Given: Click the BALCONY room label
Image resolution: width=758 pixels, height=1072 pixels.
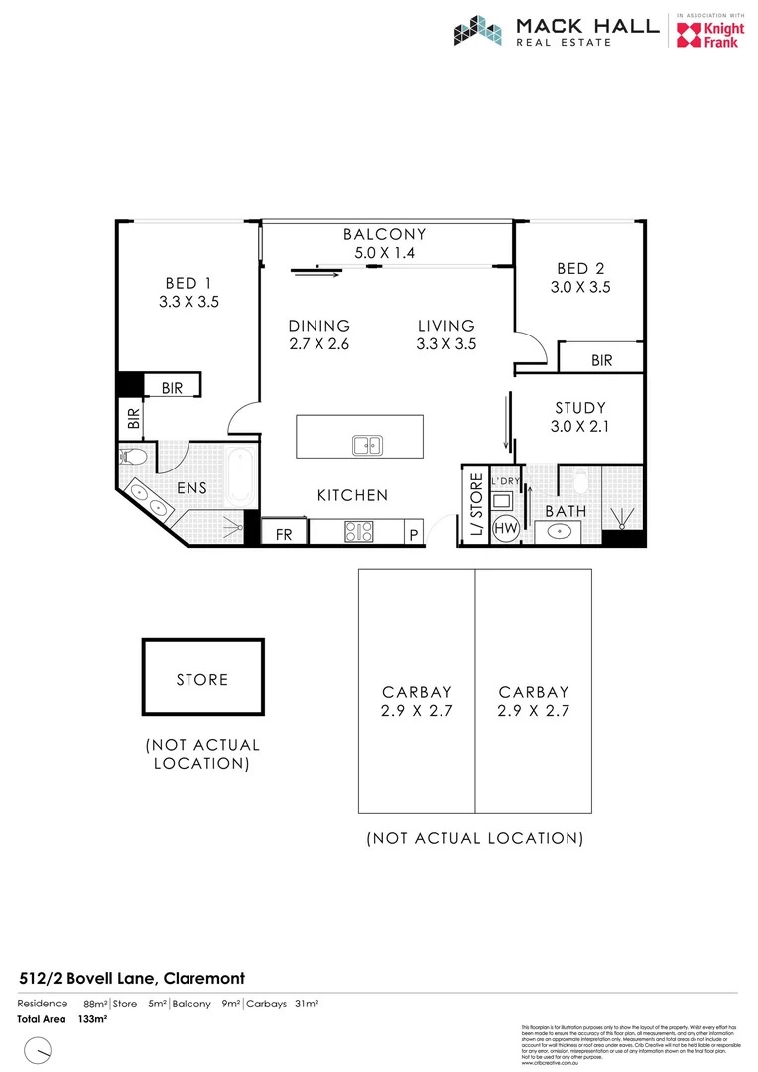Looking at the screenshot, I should point(384,235).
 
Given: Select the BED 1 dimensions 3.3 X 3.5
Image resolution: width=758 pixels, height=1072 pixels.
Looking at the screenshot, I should point(189,302).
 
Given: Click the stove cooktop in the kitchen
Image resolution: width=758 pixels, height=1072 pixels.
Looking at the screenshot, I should point(357,532).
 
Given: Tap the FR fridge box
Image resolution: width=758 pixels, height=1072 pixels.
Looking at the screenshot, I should point(284,534).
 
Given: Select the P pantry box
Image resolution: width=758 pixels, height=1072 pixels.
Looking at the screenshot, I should point(413,534).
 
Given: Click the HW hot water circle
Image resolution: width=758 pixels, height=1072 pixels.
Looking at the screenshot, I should point(505,527).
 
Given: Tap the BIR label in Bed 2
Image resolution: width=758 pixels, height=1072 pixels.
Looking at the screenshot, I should point(601,361).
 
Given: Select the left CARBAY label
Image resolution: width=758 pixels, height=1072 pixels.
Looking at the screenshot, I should point(417,692).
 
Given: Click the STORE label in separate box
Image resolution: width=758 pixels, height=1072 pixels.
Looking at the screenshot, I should point(202,680).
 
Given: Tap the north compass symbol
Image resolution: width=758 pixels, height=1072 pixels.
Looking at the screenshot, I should point(38,1048).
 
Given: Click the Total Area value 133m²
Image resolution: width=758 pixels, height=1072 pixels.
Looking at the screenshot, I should point(92,1019).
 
